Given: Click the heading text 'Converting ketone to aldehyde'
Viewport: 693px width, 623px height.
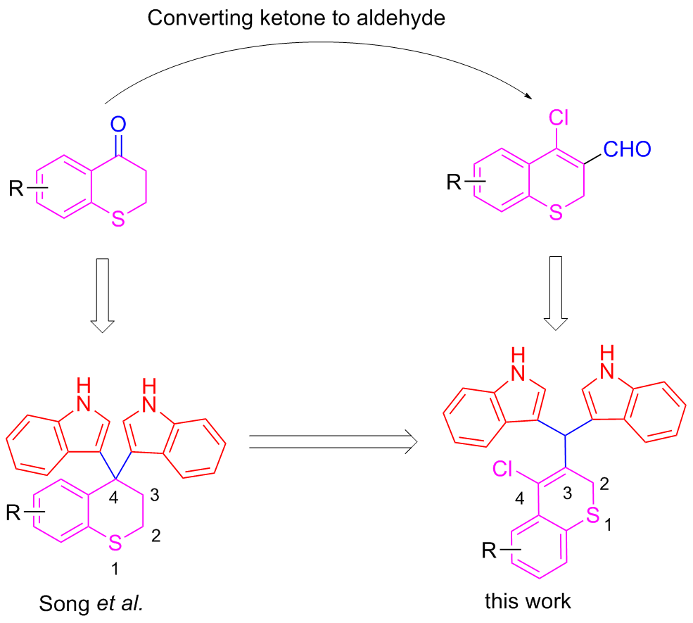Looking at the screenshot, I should (296, 18).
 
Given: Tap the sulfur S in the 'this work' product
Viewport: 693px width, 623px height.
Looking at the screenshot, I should (594, 517).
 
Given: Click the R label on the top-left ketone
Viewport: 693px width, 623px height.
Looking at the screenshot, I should (16, 189).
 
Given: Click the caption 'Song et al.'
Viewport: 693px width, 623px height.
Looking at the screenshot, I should (91, 604).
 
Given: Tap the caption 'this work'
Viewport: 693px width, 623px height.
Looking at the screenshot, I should (528, 601).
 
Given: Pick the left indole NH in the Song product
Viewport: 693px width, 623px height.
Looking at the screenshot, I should (83, 392).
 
